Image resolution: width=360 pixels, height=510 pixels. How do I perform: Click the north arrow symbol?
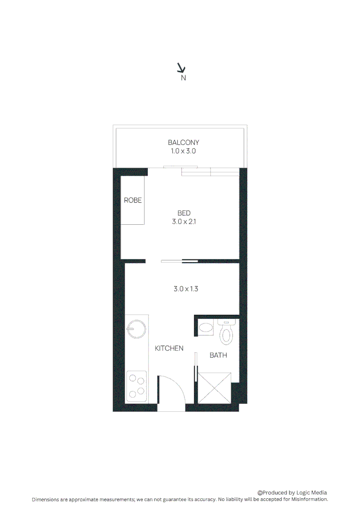click(181, 68)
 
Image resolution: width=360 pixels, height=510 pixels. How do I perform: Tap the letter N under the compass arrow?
click(184, 78)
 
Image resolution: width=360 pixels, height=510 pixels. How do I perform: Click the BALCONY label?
click(184, 142)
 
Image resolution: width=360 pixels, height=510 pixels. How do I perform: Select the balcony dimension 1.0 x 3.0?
click(184, 152)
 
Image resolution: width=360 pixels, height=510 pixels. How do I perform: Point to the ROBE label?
click(133, 200)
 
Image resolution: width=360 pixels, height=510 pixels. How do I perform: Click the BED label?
click(184, 213)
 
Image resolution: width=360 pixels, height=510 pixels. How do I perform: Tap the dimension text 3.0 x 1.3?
click(185, 289)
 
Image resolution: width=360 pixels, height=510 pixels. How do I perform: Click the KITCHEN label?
click(169, 348)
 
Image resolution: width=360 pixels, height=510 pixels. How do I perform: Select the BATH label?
click(218, 355)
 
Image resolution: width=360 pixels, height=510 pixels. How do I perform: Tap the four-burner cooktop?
click(137, 385)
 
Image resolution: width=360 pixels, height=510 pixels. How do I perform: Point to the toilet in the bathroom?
click(227, 332)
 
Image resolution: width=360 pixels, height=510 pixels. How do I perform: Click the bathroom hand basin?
click(206, 327)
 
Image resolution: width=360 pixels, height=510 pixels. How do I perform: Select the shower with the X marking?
click(215, 387)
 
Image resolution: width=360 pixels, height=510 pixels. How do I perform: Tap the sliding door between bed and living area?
click(179, 261)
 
